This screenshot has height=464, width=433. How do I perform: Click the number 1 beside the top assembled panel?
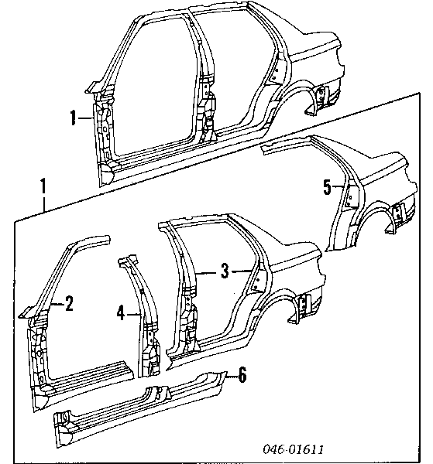tap(74, 118)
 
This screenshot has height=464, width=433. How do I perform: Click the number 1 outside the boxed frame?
tap(43, 186)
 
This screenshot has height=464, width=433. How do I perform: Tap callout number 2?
tap(69, 304)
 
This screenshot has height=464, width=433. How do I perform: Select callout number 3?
tap(225, 271)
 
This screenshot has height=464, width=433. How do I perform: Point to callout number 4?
tap(121, 313)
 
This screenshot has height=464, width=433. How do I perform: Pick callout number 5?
tap(327, 187)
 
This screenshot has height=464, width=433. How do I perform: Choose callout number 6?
tap(242, 375)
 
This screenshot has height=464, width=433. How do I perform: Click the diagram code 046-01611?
tap(293, 449)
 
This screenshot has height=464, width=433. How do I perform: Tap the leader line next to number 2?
tap(57, 304)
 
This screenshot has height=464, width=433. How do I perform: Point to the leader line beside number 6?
tap(232, 376)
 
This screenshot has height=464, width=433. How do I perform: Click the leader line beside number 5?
tap(338, 186)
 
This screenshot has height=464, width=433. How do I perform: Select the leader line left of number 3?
tap(207, 274)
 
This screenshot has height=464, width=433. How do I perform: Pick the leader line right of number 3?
tap(242, 271)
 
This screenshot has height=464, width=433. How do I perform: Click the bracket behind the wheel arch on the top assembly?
tap(321, 94)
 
